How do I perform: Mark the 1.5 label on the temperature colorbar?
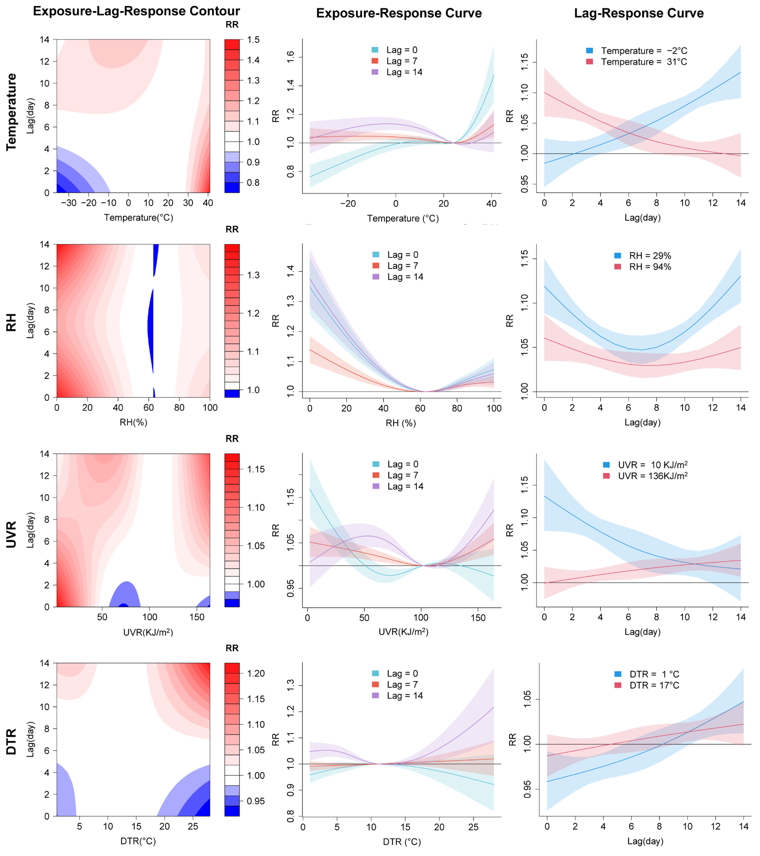(253, 40)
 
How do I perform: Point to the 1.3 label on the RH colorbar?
(253, 275)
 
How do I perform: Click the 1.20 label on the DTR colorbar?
(256, 673)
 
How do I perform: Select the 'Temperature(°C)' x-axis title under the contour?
(139, 217)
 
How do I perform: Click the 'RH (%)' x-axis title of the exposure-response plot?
(401, 423)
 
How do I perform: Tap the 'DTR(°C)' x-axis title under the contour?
(138, 841)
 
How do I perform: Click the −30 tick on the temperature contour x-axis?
(69, 203)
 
